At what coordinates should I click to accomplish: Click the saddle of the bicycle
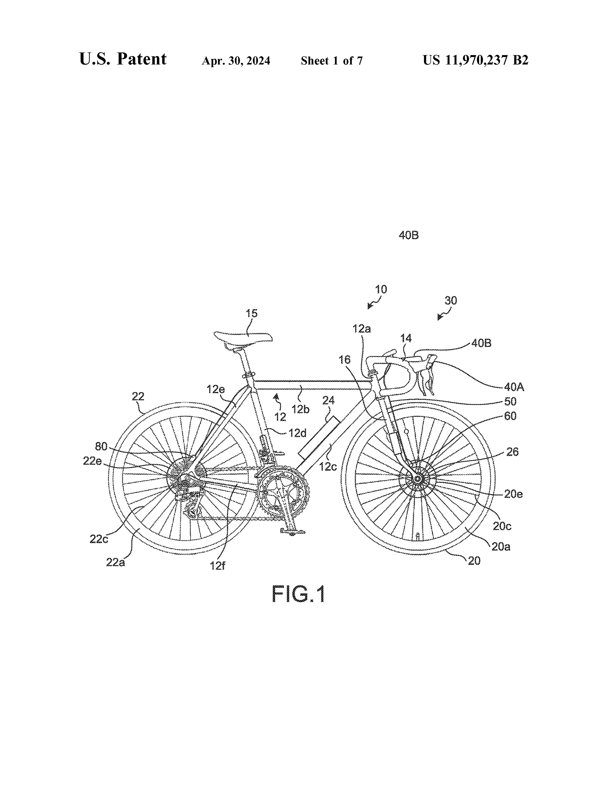click(243, 337)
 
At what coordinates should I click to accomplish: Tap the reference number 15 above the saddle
click(252, 313)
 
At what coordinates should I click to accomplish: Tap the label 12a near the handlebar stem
click(361, 329)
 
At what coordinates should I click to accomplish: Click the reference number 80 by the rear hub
click(101, 446)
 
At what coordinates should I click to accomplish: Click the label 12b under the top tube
click(300, 409)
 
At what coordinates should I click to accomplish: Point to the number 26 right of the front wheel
click(512, 452)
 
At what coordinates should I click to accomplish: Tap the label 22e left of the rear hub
click(93, 461)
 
